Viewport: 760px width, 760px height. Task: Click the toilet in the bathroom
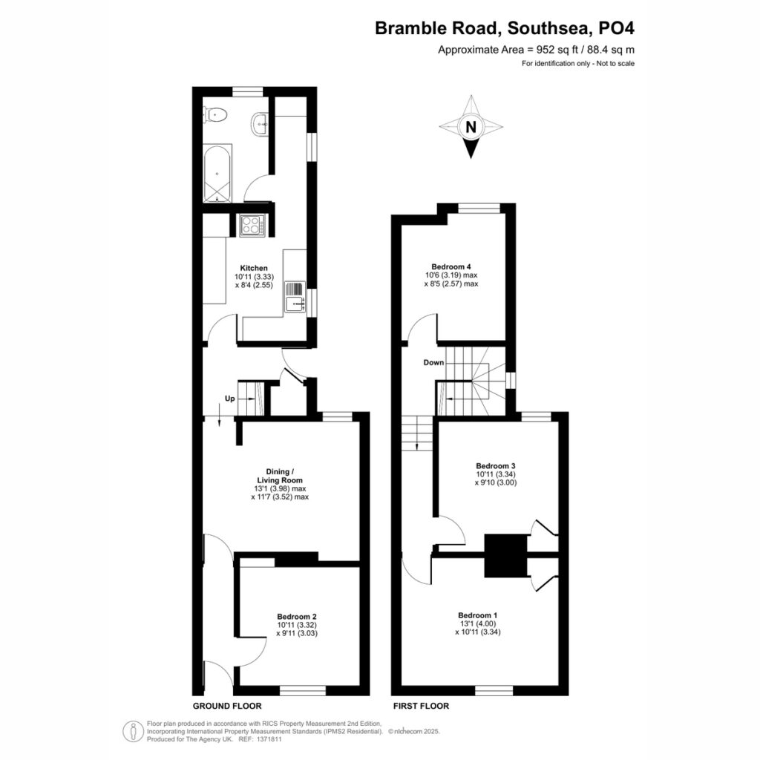pyautogui.click(x=215, y=115)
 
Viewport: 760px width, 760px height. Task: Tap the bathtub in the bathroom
pyautogui.click(x=217, y=173)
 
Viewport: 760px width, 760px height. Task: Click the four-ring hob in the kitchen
pyautogui.click(x=252, y=225)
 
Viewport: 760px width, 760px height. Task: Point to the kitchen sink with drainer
pyautogui.click(x=295, y=297)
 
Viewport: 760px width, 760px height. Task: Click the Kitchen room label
pyautogui.click(x=254, y=268)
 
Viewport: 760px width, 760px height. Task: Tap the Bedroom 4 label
pyautogui.click(x=451, y=266)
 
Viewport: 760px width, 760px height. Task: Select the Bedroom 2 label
pyautogui.click(x=297, y=617)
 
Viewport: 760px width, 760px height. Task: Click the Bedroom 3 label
pyautogui.click(x=495, y=466)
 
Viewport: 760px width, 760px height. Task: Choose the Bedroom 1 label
pyautogui.click(x=478, y=615)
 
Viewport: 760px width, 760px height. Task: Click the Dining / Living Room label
pyautogui.click(x=280, y=476)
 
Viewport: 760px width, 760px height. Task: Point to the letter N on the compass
pyautogui.click(x=471, y=127)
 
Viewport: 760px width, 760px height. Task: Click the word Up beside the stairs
pyautogui.click(x=230, y=399)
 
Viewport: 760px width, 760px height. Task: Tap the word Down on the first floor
pyautogui.click(x=433, y=362)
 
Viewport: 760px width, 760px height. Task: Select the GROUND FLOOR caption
pyautogui.click(x=227, y=706)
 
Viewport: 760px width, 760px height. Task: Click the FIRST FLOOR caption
pyautogui.click(x=422, y=706)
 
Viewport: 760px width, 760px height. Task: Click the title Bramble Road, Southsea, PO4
pyautogui.click(x=505, y=28)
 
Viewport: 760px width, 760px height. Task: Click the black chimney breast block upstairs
pyautogui.click(x=506, y=555)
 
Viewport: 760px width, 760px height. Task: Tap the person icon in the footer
pyautogui.click(x=133, y=731)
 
